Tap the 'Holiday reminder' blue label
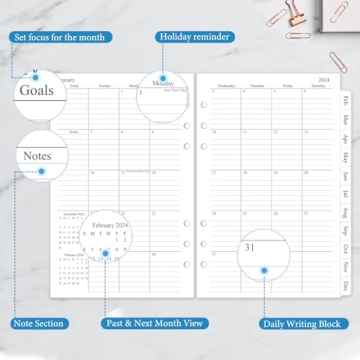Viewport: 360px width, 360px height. (x=195, y=38)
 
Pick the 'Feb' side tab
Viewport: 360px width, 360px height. (x=345, y=101)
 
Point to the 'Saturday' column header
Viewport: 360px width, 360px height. (x=319, y=85)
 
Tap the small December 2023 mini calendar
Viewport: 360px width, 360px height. (x=70, y=232)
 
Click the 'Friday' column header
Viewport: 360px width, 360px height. (x=287, y=85)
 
